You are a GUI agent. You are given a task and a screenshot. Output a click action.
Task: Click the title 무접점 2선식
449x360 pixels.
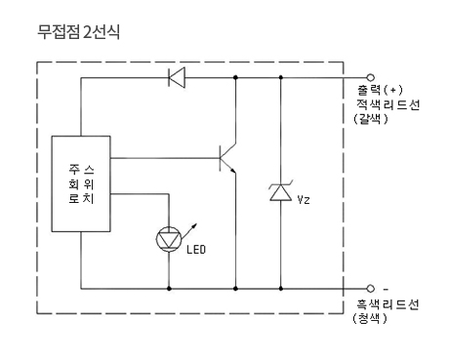(x=79, y=32)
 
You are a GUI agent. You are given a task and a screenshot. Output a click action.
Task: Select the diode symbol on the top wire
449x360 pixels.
(x=177, y=77)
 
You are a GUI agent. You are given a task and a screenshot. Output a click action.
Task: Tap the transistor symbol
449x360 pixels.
(x=227, y=158)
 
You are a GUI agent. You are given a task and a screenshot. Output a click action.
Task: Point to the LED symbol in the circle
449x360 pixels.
(x=169, y=239)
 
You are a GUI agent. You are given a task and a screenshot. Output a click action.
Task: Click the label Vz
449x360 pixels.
(x=304, y=200)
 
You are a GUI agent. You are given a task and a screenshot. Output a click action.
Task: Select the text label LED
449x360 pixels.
(x=196, y=250)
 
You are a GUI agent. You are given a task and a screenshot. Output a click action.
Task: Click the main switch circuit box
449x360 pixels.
(x=81, y=183)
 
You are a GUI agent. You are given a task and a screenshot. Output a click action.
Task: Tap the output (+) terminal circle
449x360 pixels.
(x=370, y=77)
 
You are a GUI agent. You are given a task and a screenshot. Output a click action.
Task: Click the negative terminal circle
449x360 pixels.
(x=370, y=289)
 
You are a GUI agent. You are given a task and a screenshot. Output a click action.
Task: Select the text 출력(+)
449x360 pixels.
(x=380, y=90)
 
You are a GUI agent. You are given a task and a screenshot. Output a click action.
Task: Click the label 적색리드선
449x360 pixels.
(x=388, y=104)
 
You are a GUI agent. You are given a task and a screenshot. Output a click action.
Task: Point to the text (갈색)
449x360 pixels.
(x=371, y=118)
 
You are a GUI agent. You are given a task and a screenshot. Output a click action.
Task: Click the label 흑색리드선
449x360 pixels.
(x=388, y=304)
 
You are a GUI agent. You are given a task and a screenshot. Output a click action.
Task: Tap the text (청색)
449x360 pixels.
(x=370, y=318)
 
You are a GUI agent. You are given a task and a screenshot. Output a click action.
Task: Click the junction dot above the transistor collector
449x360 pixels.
(x=235, y=77)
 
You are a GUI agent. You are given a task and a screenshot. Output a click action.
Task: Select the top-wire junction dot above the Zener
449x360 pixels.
(x=281, y=77)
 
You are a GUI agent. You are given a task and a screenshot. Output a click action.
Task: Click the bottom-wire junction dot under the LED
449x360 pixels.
(x=169, y=289)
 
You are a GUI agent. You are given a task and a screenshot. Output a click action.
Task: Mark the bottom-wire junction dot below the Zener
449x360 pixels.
(x=281, y=289)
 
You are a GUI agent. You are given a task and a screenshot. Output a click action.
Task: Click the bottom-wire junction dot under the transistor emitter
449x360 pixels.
(x=235, y=289)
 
